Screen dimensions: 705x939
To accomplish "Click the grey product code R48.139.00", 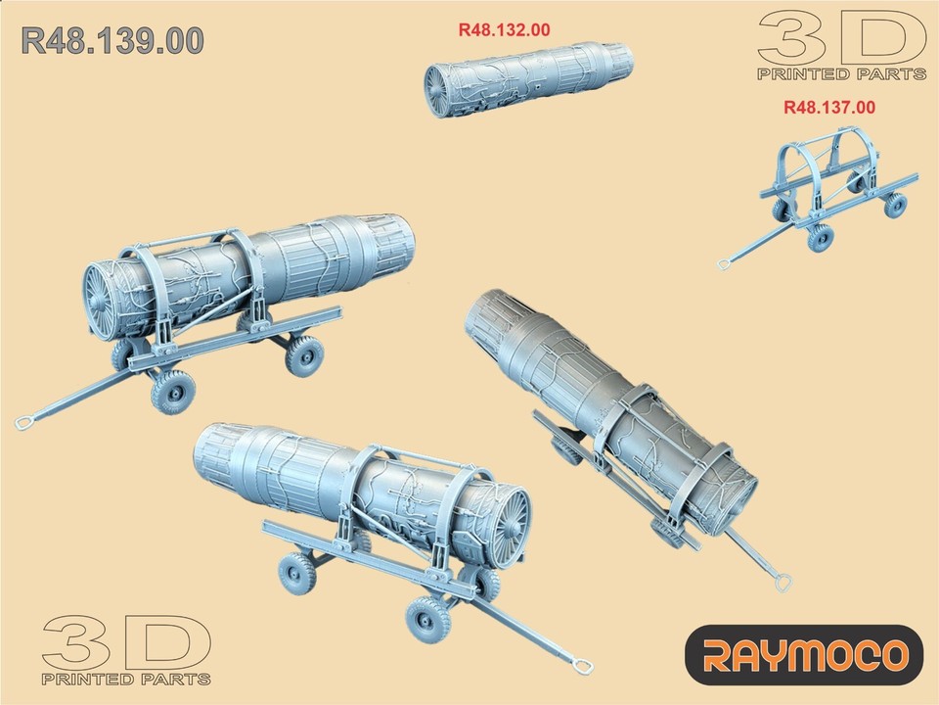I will [112, 40].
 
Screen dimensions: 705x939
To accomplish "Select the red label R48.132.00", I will [504, 30].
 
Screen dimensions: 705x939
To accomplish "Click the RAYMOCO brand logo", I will [803, 654].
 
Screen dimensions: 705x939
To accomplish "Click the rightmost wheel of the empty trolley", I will [895, 205].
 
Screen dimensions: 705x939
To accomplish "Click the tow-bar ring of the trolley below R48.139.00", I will [24, 423].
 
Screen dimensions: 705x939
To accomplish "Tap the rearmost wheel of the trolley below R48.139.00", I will [304, 354].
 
